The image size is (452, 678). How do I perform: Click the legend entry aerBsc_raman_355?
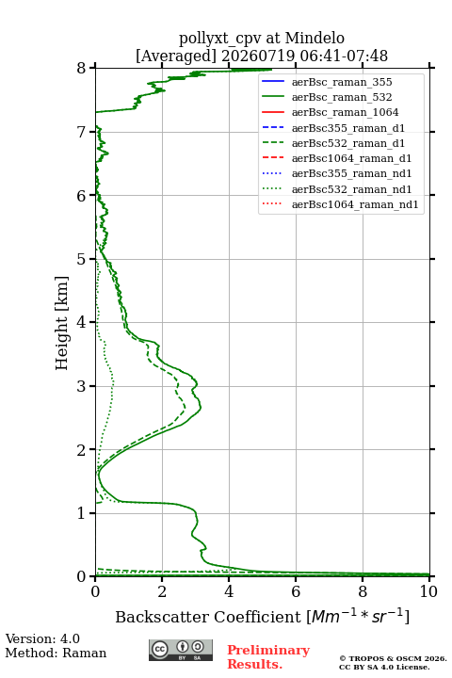click(x=342, y=82)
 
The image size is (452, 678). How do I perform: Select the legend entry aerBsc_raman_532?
click(x=342, y=97)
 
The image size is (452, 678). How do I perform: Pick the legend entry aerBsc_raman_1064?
click(x=346, y=112)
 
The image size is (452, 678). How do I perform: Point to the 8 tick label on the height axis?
click(x=82, y=69)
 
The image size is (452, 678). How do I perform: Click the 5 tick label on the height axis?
click(x=82, y=260)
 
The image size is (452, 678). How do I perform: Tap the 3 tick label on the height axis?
click(x=82, y=386)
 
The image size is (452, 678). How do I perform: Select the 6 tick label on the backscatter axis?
click(x=296, y=591)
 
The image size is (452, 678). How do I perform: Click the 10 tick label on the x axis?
click(x=428, y=591)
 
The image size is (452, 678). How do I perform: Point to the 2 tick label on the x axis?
click(x=162, y=591)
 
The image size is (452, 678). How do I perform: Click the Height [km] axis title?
click(x=62, y=323)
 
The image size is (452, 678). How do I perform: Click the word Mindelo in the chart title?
click(x=315, y=39)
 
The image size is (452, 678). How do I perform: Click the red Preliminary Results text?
click(x=268, y=657)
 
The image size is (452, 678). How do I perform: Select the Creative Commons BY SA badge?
click(x=181, y=651)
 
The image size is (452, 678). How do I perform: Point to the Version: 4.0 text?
click(x=42, y=639)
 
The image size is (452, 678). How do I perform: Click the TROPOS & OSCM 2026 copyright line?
click(x=393, y=659)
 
